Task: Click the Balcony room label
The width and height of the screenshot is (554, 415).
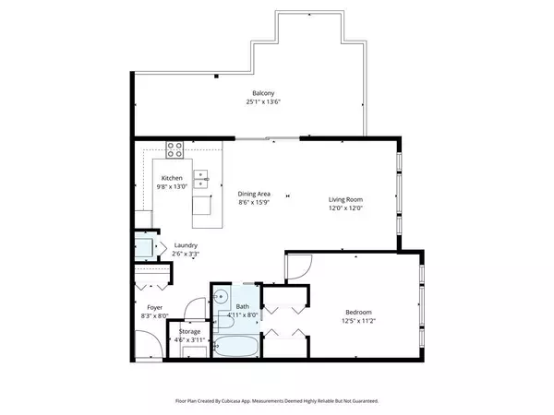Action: pyautogui.click(x=263, y=93)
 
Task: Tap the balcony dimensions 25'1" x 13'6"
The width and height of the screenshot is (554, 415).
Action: pyautogui.click(x=263, y=102)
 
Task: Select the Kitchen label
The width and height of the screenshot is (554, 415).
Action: pyautogui.click(x=172, y=178)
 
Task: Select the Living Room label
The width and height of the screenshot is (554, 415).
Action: pyautogui.click(x=347, y=199)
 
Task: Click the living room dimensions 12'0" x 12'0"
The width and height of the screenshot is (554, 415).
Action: pyautogui.click(x=347, y=208)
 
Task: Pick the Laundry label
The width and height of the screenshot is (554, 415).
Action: pyautogui.click(x=186, y=245)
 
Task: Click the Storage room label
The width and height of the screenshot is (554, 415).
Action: pyautogui.click(x=189, y=331)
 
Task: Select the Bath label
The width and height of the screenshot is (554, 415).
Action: pyautogui.click(x=242, y=306)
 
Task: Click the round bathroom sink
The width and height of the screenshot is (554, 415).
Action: pyautogui.click(x=222, y=298)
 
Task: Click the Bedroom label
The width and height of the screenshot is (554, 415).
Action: pyautogui.click(x=361, y=312)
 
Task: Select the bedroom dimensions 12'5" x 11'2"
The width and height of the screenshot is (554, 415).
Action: pyautogui.click(x=361, y=321)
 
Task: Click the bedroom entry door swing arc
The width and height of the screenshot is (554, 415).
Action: pyautogui.click(x=297, y=267)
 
